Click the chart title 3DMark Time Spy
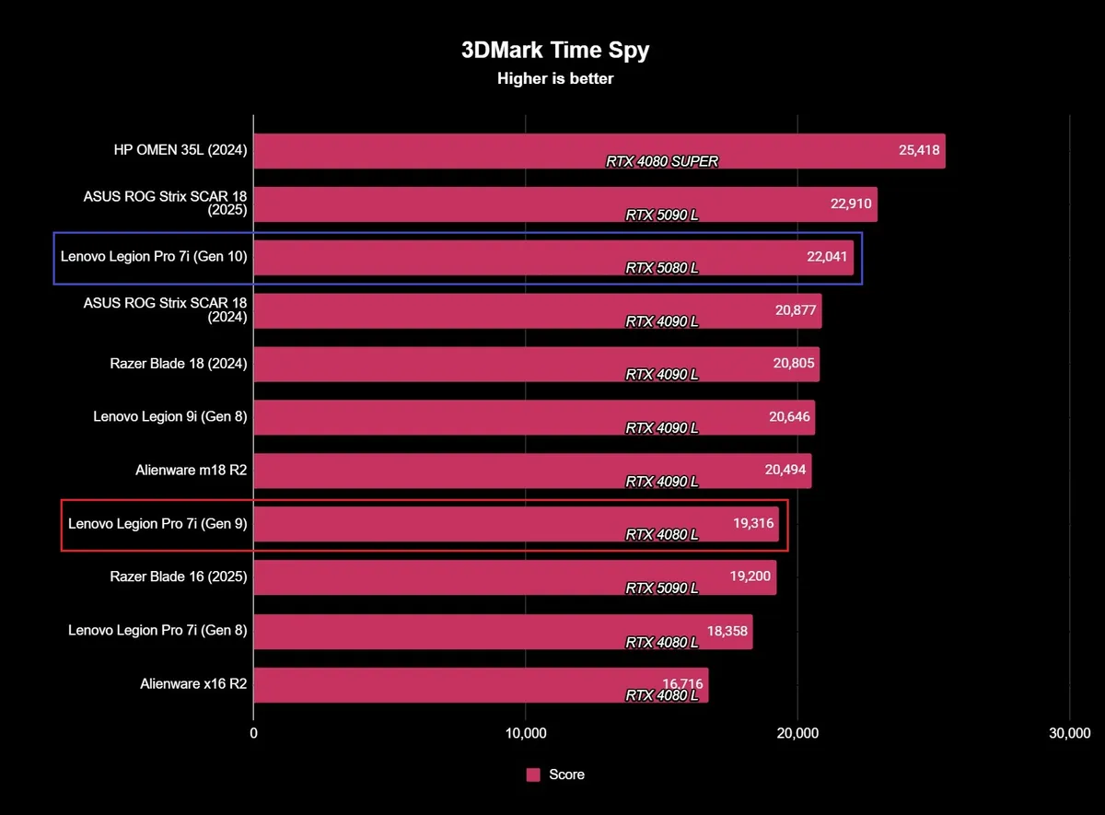point(554,50)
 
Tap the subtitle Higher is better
point(554,78)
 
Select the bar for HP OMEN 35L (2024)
point(599,150)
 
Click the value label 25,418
point(919,149)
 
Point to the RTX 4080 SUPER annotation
point(661,161)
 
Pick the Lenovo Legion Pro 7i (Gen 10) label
point(154,256)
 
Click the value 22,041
point(827,256)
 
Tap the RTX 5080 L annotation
point(661,268)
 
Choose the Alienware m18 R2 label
point(191,470)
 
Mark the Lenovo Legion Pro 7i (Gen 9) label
point(157,523)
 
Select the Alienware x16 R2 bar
point(480,684)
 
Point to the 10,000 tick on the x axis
point(525,734)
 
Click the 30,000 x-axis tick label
point(1068,734)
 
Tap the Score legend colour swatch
point(533,774)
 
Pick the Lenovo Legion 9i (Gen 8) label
point(170,416)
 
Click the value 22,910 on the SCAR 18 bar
point(851,203)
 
